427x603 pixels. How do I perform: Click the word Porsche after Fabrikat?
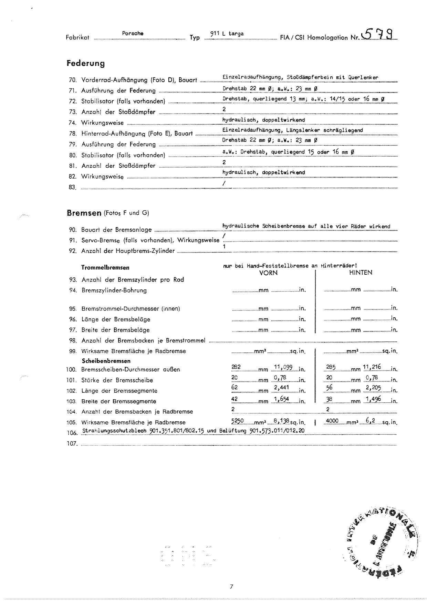[x=133, y=33]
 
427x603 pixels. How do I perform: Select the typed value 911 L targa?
[x=227, y=34]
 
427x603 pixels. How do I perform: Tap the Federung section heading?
[x=85, y=63]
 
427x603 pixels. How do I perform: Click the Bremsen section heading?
[x=84, y=213]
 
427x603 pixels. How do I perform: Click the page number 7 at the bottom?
[x=231, y=586]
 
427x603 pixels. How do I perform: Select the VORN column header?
[x=268, y=273]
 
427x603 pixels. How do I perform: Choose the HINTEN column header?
[x=361, y=273]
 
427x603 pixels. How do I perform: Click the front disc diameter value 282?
[x=236, y=367]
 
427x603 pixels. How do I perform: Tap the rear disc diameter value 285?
[x=330, y=367]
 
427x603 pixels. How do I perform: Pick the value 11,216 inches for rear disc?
[x=372, y=367]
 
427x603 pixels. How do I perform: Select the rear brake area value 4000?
[x=332, y=420]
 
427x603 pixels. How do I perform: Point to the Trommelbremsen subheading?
[x=105, y=267]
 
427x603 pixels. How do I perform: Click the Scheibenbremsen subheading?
[x=106, y=361]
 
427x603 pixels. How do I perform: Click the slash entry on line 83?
[x=224, y=183]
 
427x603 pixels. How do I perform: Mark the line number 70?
[x=72, y=80]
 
